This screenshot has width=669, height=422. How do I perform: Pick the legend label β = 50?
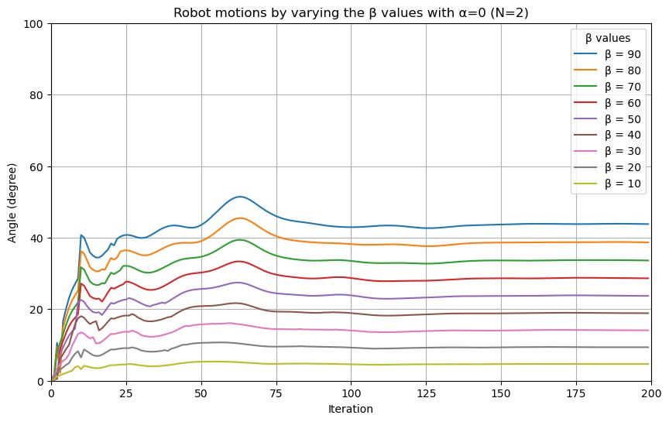point(623,119)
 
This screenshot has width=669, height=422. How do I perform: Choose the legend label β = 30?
point(623,151)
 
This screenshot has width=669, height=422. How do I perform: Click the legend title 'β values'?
point(608,38)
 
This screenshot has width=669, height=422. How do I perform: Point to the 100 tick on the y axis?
point(33,24)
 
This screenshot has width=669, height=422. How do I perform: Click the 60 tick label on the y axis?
point(36,166)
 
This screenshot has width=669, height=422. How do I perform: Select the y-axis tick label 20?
point(36,310)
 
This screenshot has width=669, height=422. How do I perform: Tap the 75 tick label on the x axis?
point(276,393)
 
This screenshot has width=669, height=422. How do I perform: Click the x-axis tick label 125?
point(426,393)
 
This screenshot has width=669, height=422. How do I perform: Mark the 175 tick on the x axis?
point(576,393)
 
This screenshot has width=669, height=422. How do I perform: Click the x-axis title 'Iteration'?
point(351,409)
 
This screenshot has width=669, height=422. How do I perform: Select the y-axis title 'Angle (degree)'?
point(12,203)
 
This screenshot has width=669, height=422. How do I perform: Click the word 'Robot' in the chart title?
point(187,13)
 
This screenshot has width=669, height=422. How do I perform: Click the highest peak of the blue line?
point(240,197)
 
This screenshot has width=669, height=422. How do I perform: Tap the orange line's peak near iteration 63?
point(240,218)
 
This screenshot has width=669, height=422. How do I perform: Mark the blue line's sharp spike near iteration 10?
point(81,235)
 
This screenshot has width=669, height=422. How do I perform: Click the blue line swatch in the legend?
point(585,53)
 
